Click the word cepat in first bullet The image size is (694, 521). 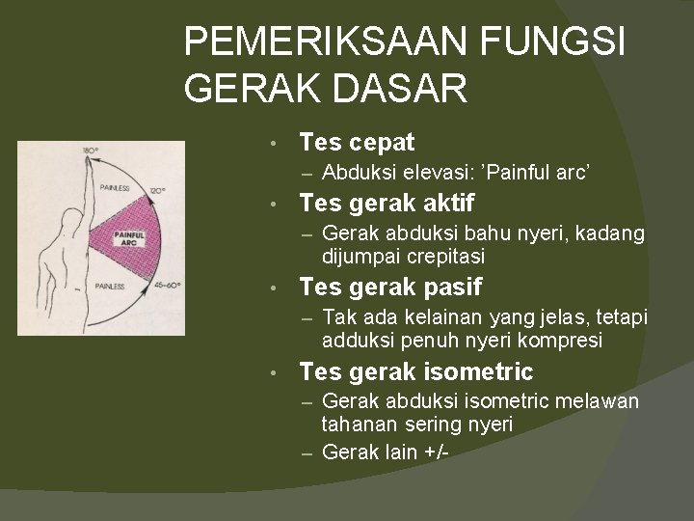point(382,143)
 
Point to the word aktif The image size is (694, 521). point(444,203)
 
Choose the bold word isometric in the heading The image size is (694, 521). point(478,371)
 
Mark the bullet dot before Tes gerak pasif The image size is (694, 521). point(276,288)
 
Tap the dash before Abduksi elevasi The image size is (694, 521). point(307,174)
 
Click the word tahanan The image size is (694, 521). point(358,425)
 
